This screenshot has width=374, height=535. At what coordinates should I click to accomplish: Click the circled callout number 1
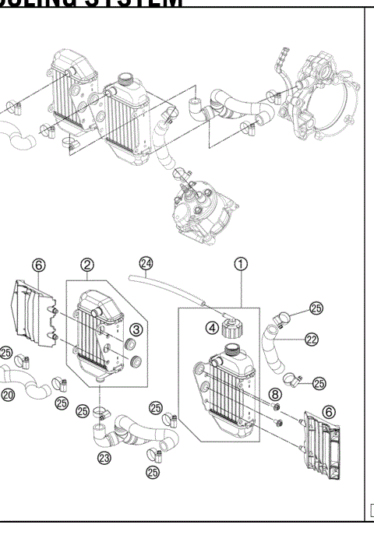pyautogui.click(x=242, y=264)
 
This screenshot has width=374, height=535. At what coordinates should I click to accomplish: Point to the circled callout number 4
pyautogui.click(x=212, y=328)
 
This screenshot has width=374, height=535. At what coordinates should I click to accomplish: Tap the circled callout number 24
pyautogui.click(x=145, y=263)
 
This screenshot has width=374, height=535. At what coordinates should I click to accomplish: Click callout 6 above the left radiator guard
pyautogui.click(x=38, y=264)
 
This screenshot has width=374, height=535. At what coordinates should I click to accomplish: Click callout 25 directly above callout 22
pyautogui.click(x=316, y=309)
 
